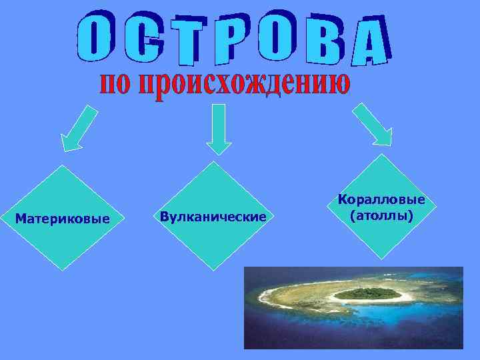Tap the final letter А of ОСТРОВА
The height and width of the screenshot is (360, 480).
pyautogui.click(x=370, y=41)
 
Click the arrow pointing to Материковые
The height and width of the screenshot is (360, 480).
pyautogui.click(x=79, y=128)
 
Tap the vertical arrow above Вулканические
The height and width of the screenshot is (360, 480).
pyautogui.click(x=219, y=128)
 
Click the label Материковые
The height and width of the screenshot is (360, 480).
pyautogui.click(x=62, y=218)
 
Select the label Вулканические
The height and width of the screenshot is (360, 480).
pyautogui.click(x=213, y=217)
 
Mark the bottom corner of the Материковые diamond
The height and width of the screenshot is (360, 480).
pyautogui.click(x=62, y=270)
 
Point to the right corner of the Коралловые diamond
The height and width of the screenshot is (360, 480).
pyautogui.click(x=434, y=207)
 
